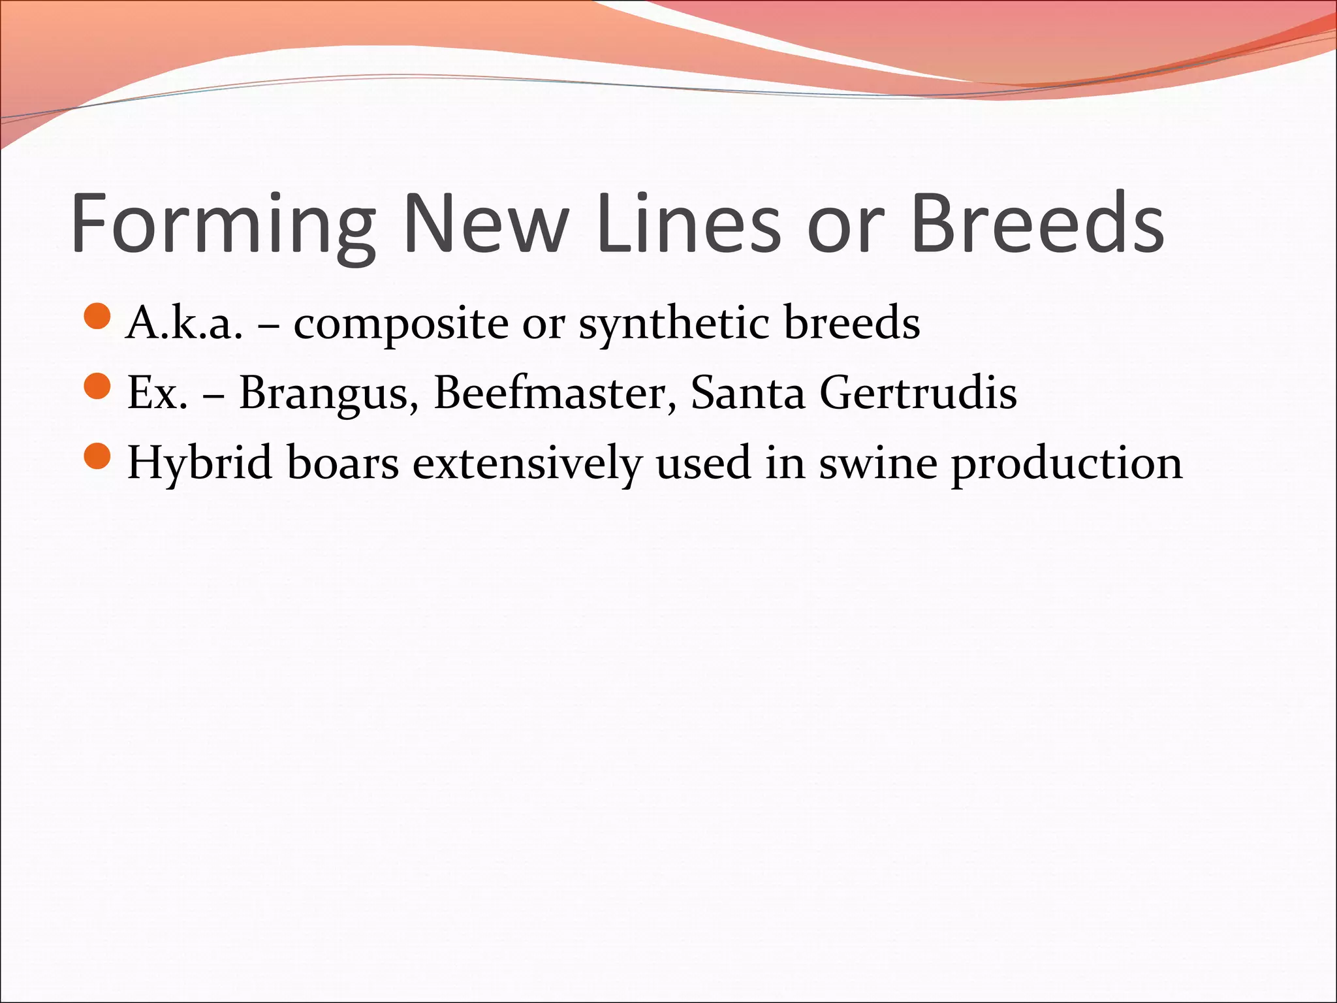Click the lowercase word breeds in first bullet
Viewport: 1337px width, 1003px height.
point(852,323)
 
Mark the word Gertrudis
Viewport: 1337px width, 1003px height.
point(918,392)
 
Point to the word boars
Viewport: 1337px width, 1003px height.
point(343,462)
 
